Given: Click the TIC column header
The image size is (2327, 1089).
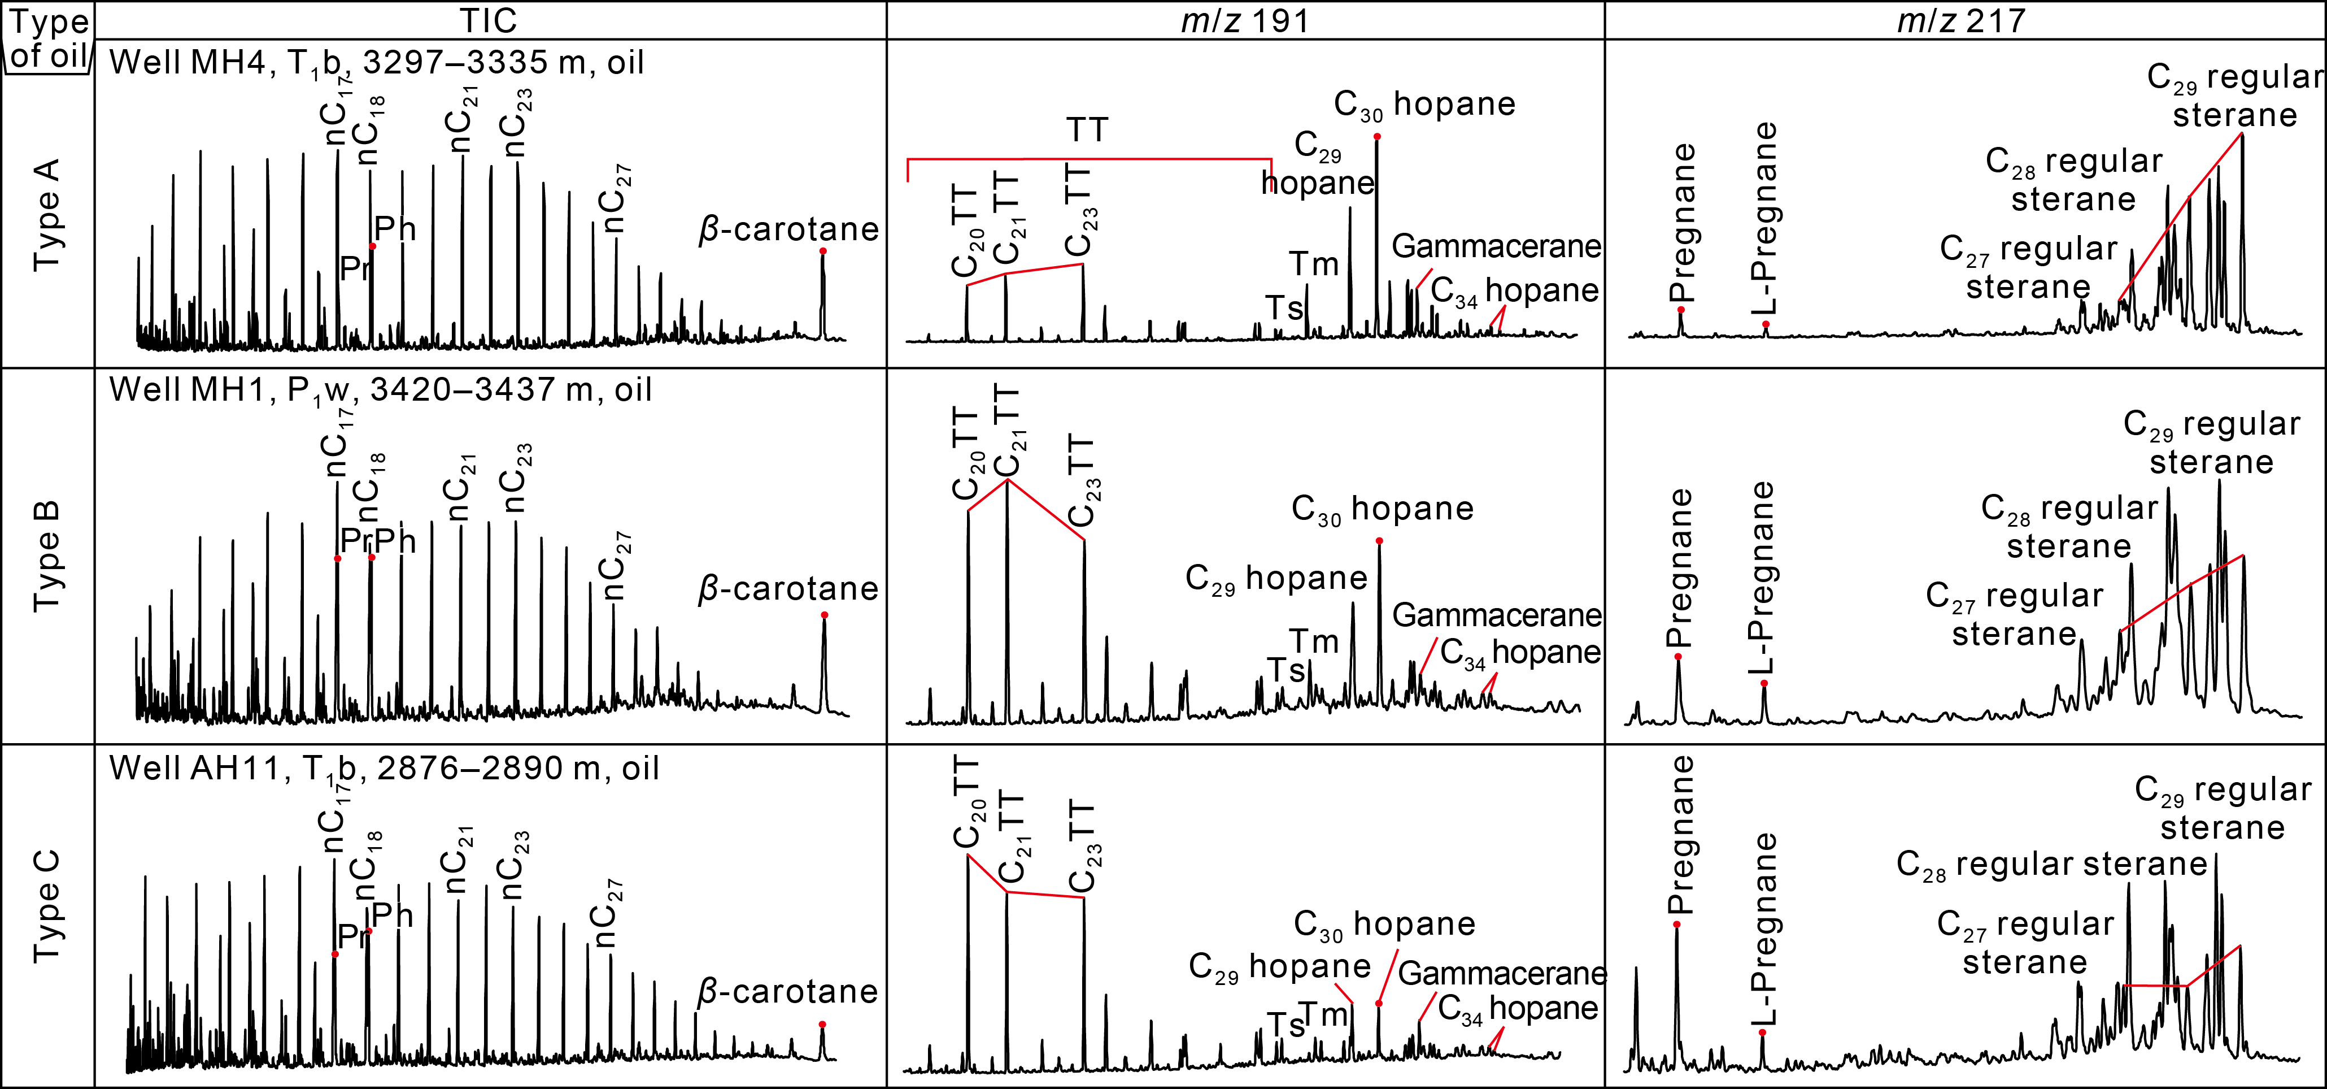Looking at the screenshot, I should (489, 20).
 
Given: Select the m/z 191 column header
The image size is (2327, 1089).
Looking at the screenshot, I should (1245, 20).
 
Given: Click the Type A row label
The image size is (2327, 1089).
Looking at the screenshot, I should (47, 215).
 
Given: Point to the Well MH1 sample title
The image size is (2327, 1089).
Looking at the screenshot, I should (380, 389).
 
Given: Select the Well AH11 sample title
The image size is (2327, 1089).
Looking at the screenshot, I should (384, 768).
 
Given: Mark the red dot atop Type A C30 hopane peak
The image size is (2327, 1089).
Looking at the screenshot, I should (1376, 136).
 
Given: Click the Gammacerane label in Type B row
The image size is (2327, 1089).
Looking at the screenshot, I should (1496, 615).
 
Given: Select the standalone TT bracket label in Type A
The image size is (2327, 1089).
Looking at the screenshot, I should (1087, 130).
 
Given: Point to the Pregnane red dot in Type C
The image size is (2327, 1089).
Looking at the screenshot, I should (1676, 923).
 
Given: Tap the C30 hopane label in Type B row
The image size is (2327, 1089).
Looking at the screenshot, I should (1382, 509).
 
